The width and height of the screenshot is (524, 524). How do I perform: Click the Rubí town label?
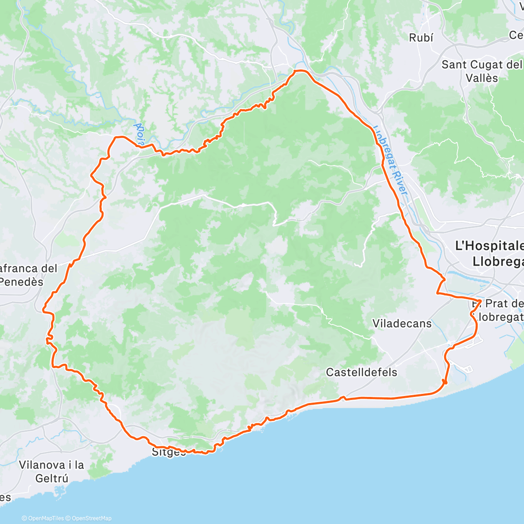(421, 38)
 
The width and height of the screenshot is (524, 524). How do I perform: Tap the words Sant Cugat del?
(482, 65)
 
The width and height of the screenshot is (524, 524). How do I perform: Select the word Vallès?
(482, 78)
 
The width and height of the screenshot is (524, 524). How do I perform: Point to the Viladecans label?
(402, 324)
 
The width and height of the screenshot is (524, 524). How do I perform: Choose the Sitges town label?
(169, 452)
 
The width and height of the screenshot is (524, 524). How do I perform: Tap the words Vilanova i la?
(51, 465)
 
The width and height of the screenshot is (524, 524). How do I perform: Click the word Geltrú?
(52, 478)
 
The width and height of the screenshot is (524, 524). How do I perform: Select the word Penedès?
(22, 282)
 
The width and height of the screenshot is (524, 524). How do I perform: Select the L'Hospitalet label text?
(489, 246)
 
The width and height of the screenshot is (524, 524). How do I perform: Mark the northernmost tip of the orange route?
(300, 70)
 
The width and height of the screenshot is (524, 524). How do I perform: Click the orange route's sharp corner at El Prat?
(481, 301)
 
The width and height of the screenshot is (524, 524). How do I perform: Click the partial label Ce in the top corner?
(516, 35)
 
